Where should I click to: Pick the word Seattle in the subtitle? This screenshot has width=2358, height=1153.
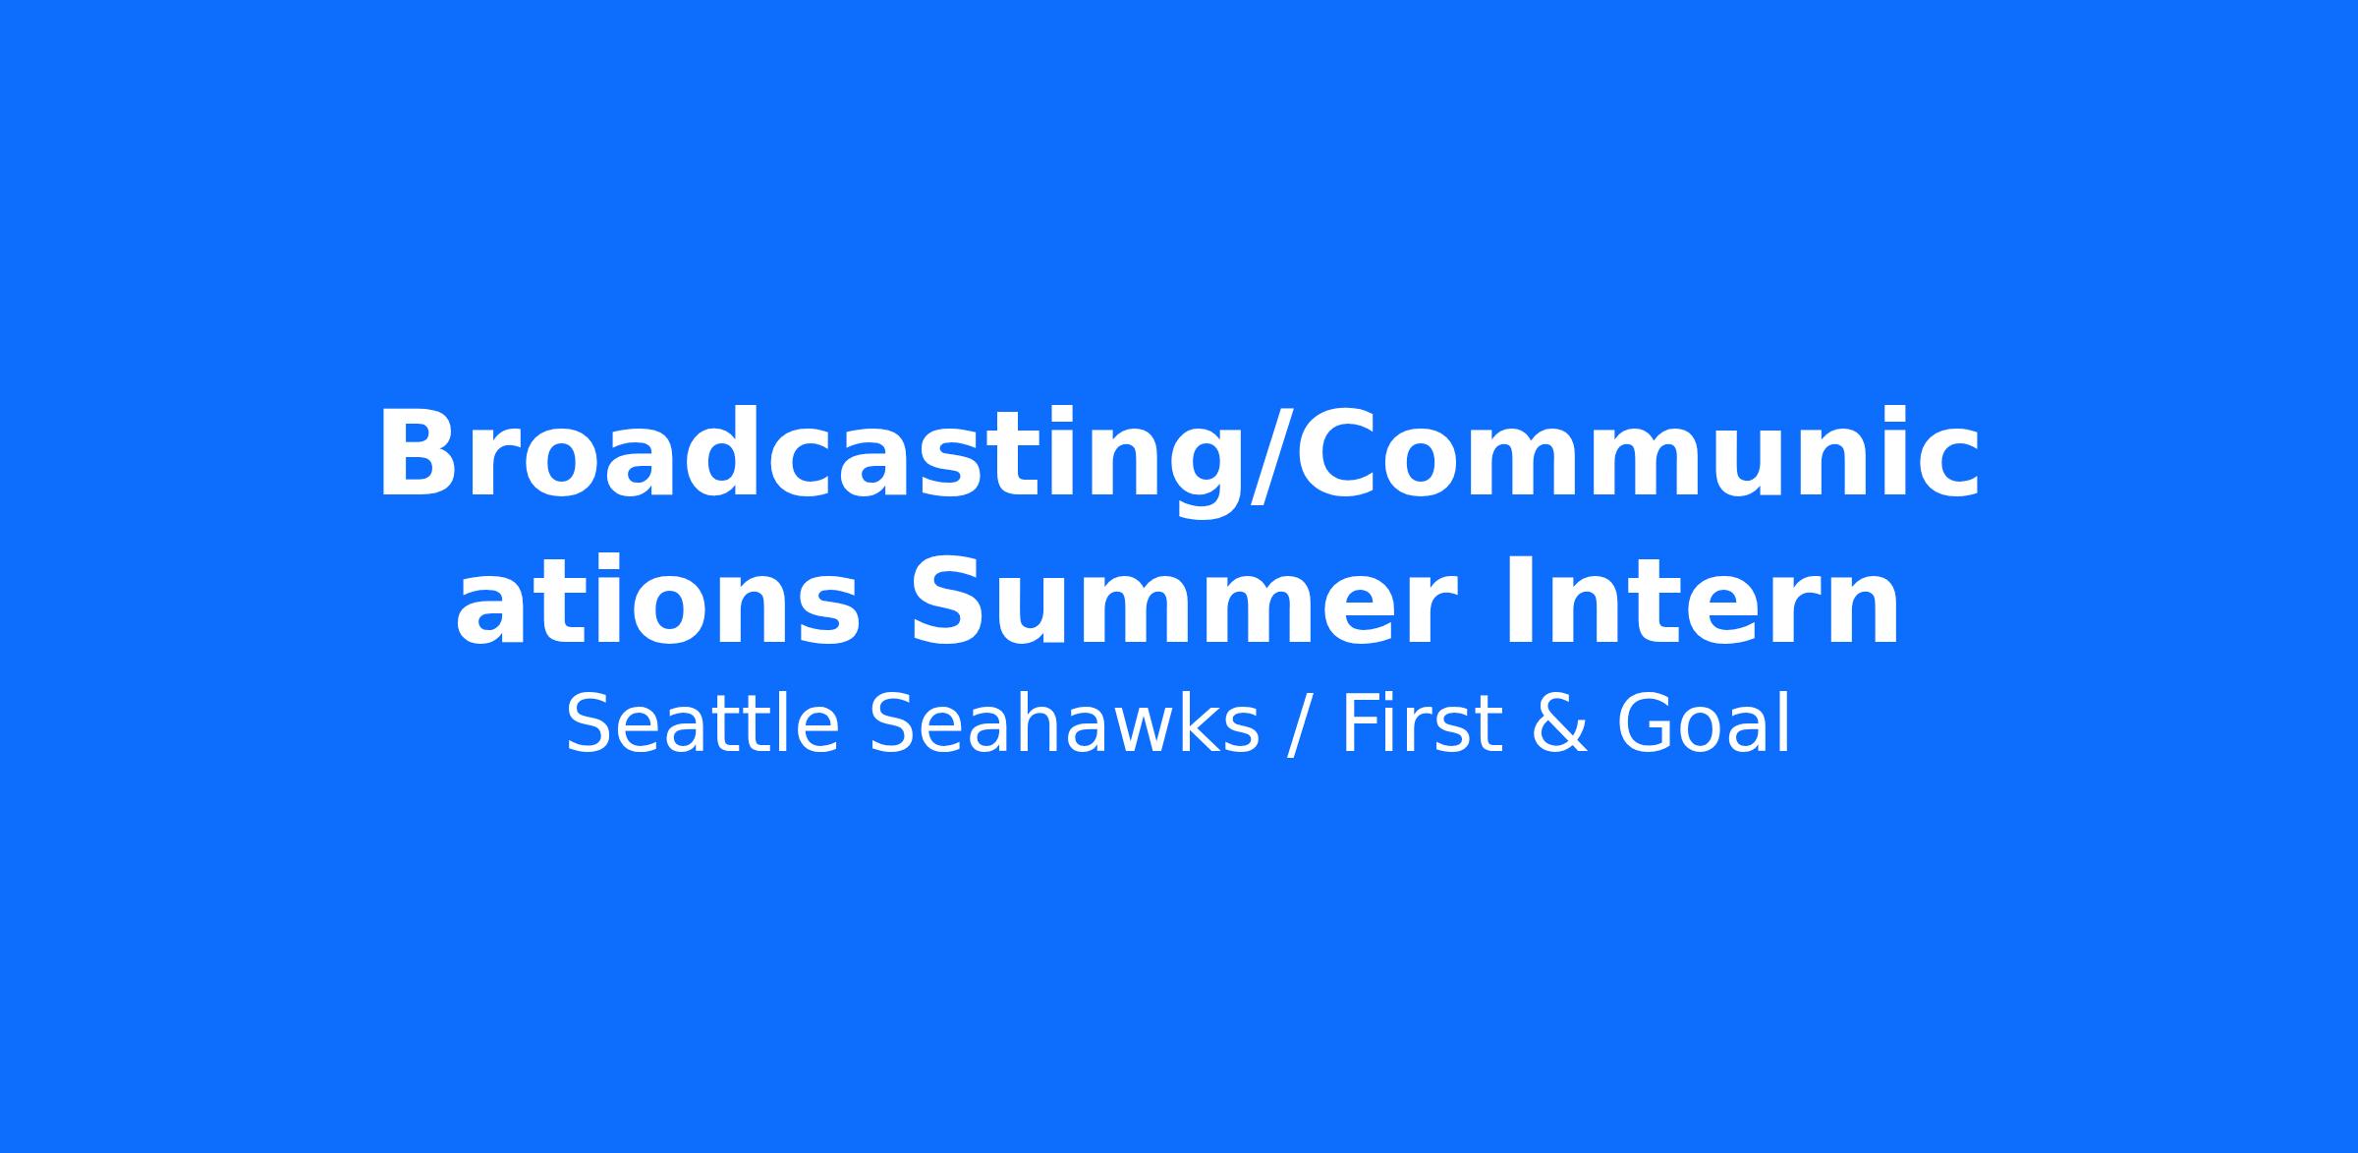tap(702, 724)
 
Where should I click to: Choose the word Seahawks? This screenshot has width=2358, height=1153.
tap(1063, 724)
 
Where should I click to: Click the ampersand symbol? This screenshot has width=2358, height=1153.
tap(1558, 724)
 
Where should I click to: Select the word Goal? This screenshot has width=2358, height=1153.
tap(1704, 724)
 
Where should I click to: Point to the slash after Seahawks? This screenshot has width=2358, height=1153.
tap(1301, 727)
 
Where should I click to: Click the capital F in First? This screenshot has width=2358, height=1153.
tap(1362, 724)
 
